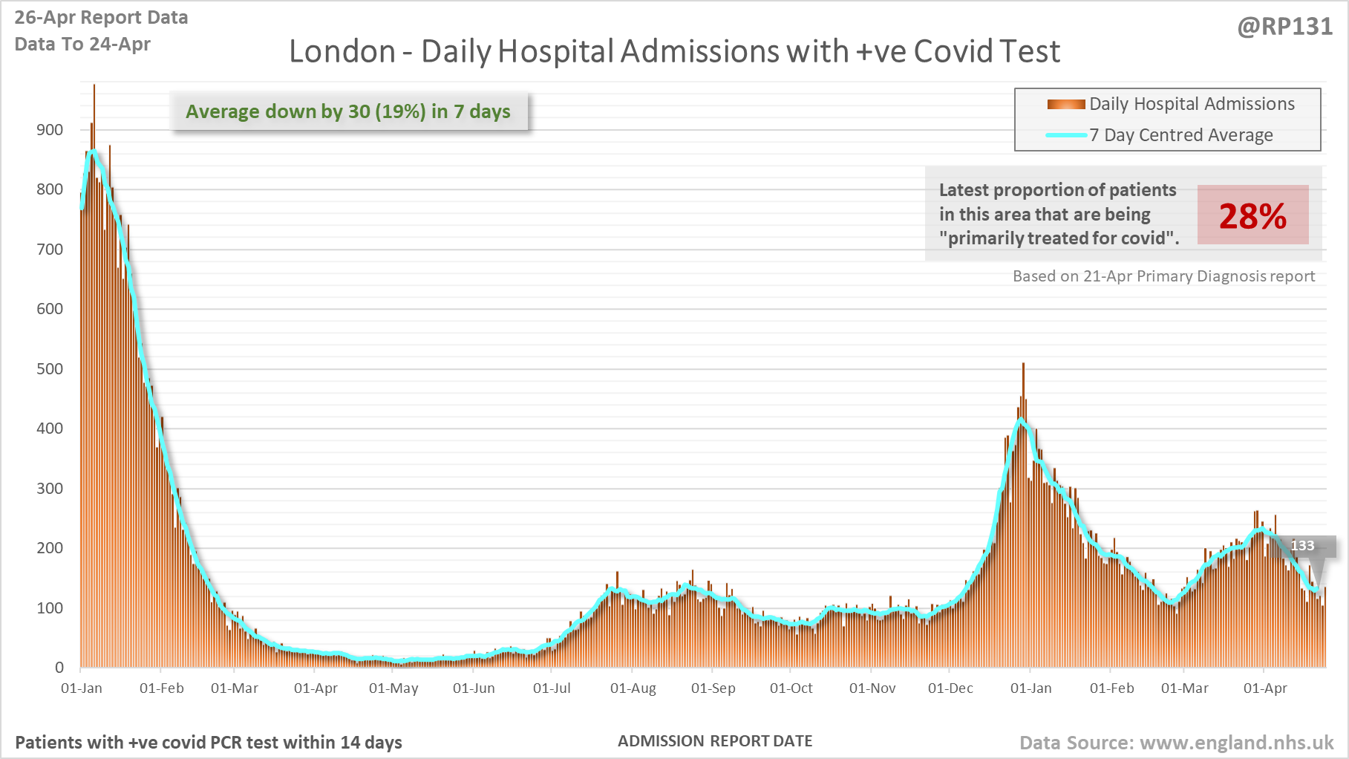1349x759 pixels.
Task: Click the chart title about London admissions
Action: click(x=674, y=51)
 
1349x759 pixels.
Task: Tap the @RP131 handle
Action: click(x=1284, y=27)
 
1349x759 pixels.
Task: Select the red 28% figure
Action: click(x=1252, y=216)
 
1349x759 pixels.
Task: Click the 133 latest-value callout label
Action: click(x=1302, y=546)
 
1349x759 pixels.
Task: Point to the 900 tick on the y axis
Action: click(x=50, y=130)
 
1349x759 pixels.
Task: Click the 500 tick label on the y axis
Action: click(x=50, y=369)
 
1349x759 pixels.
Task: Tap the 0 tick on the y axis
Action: click(x=59, y=668)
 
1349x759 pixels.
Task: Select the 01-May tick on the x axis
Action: click(x=393, y=688)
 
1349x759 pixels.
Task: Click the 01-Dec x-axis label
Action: click(x=950, y=688)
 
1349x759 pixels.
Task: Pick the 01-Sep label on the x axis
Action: click(x=713, y=688)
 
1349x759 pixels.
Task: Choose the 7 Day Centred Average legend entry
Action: click(x=1180, y=135)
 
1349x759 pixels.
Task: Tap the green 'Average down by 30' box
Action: click(x=348, y=111)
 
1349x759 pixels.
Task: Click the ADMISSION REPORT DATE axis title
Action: click(x=715, y=741)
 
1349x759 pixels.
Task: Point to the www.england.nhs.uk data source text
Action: click(x=1176, y=743)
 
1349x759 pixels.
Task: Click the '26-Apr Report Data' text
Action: click(x=101, y=18)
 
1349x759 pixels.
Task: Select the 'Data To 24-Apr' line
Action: click(x=82, y=45)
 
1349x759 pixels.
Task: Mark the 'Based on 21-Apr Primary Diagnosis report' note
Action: click(x=1163, y=276)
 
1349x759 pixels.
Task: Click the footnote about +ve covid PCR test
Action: click(x=209, y=743)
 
